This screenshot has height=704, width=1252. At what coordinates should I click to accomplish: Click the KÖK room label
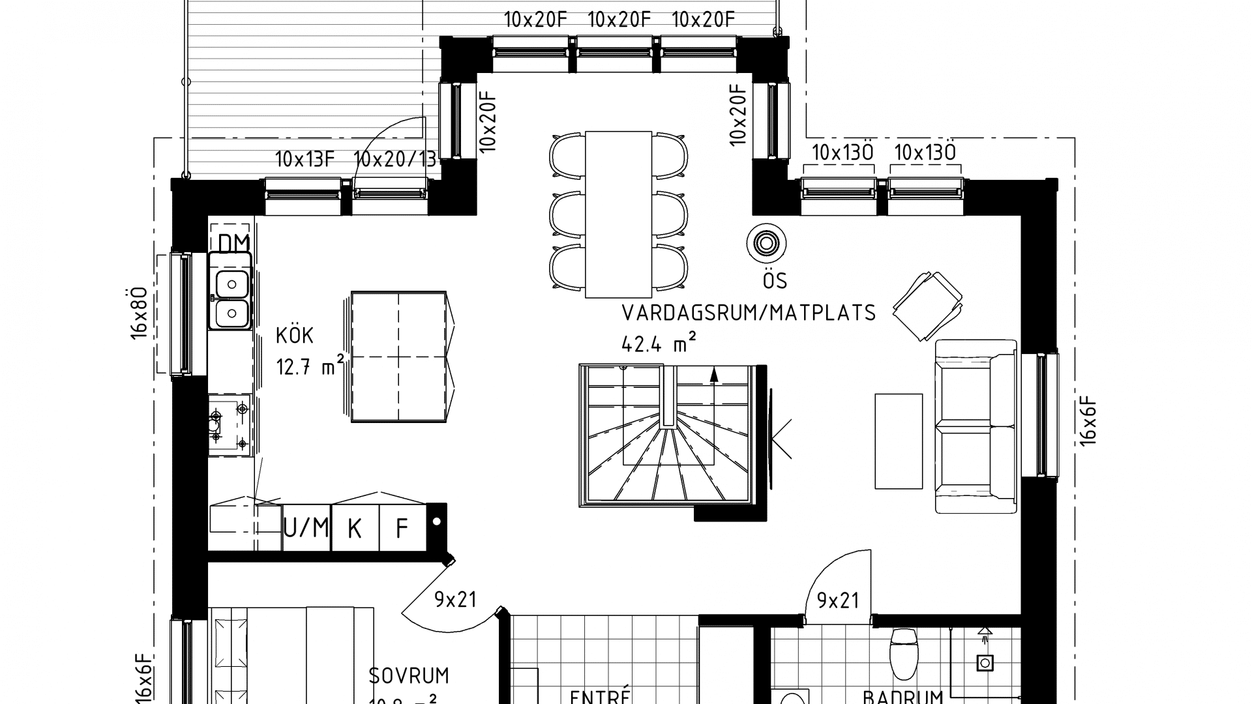click(295, 336)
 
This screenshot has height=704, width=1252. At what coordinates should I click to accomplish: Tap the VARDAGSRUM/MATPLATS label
click(749, 314)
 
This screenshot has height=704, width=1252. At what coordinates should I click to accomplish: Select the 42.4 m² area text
click(659, 343)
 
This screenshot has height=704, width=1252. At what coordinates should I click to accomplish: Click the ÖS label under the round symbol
click(775, 281)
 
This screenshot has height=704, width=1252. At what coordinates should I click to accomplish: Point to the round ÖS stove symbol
click(766, 243)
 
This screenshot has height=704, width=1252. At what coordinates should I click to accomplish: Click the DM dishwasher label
click(233, 243)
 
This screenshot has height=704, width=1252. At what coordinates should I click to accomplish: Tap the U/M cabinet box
click(306, 527)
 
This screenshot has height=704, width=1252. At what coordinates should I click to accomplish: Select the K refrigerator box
click(355, 528)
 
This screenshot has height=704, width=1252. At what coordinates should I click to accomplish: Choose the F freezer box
click(402, 528)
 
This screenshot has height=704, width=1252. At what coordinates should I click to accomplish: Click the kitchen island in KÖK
click(398, 357)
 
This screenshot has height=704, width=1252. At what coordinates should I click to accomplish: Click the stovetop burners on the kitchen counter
click(230, 425)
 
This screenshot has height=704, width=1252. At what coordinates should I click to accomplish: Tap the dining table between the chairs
click(618, 214)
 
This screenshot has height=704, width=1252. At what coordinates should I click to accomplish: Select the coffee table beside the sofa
click(899, 441)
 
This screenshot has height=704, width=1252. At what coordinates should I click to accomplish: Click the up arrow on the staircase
click(714, 374)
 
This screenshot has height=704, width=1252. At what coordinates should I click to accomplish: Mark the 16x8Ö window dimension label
click(139, 313)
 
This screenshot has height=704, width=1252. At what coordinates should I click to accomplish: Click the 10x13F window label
click(305, 160)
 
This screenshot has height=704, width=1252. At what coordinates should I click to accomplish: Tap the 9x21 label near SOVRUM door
click(455, 600)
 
